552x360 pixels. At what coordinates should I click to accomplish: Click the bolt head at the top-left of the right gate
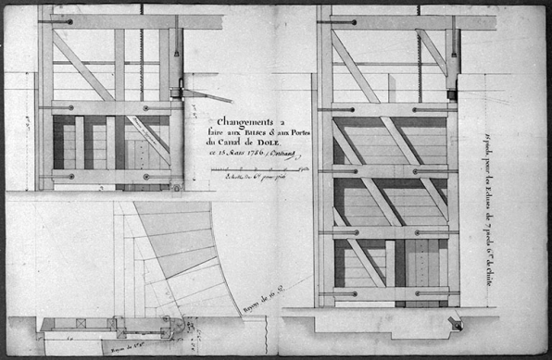347,19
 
